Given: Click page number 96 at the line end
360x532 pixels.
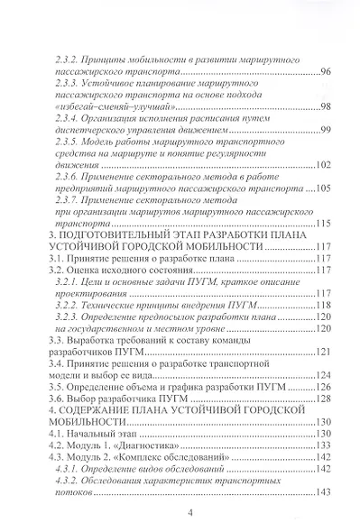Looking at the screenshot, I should tap(326, 70).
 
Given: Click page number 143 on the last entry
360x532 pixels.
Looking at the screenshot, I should tap(324, 492).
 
